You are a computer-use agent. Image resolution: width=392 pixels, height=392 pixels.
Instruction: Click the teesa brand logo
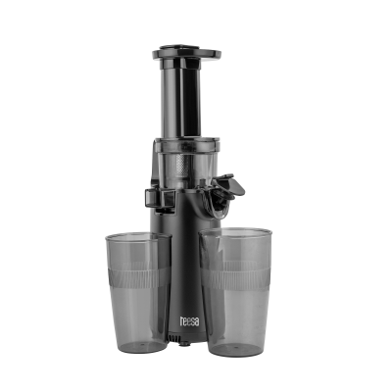pos(189,320)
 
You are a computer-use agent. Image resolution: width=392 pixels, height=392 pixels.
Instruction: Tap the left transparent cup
pos(138,292)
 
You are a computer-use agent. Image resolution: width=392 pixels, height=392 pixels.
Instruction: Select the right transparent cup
pos(235,292)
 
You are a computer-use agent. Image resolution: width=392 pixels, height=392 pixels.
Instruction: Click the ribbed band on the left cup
pos(139,275)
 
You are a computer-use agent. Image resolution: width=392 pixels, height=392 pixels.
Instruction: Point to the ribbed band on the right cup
pos(235,275)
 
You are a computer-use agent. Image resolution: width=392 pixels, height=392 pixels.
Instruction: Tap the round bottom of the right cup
pos(236,349)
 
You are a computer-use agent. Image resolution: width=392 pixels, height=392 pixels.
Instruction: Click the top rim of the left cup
pos(138,235)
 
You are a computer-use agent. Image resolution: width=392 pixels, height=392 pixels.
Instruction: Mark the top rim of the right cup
pos(235,231)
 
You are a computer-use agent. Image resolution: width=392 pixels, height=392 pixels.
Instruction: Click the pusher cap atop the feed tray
pos(179,48)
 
